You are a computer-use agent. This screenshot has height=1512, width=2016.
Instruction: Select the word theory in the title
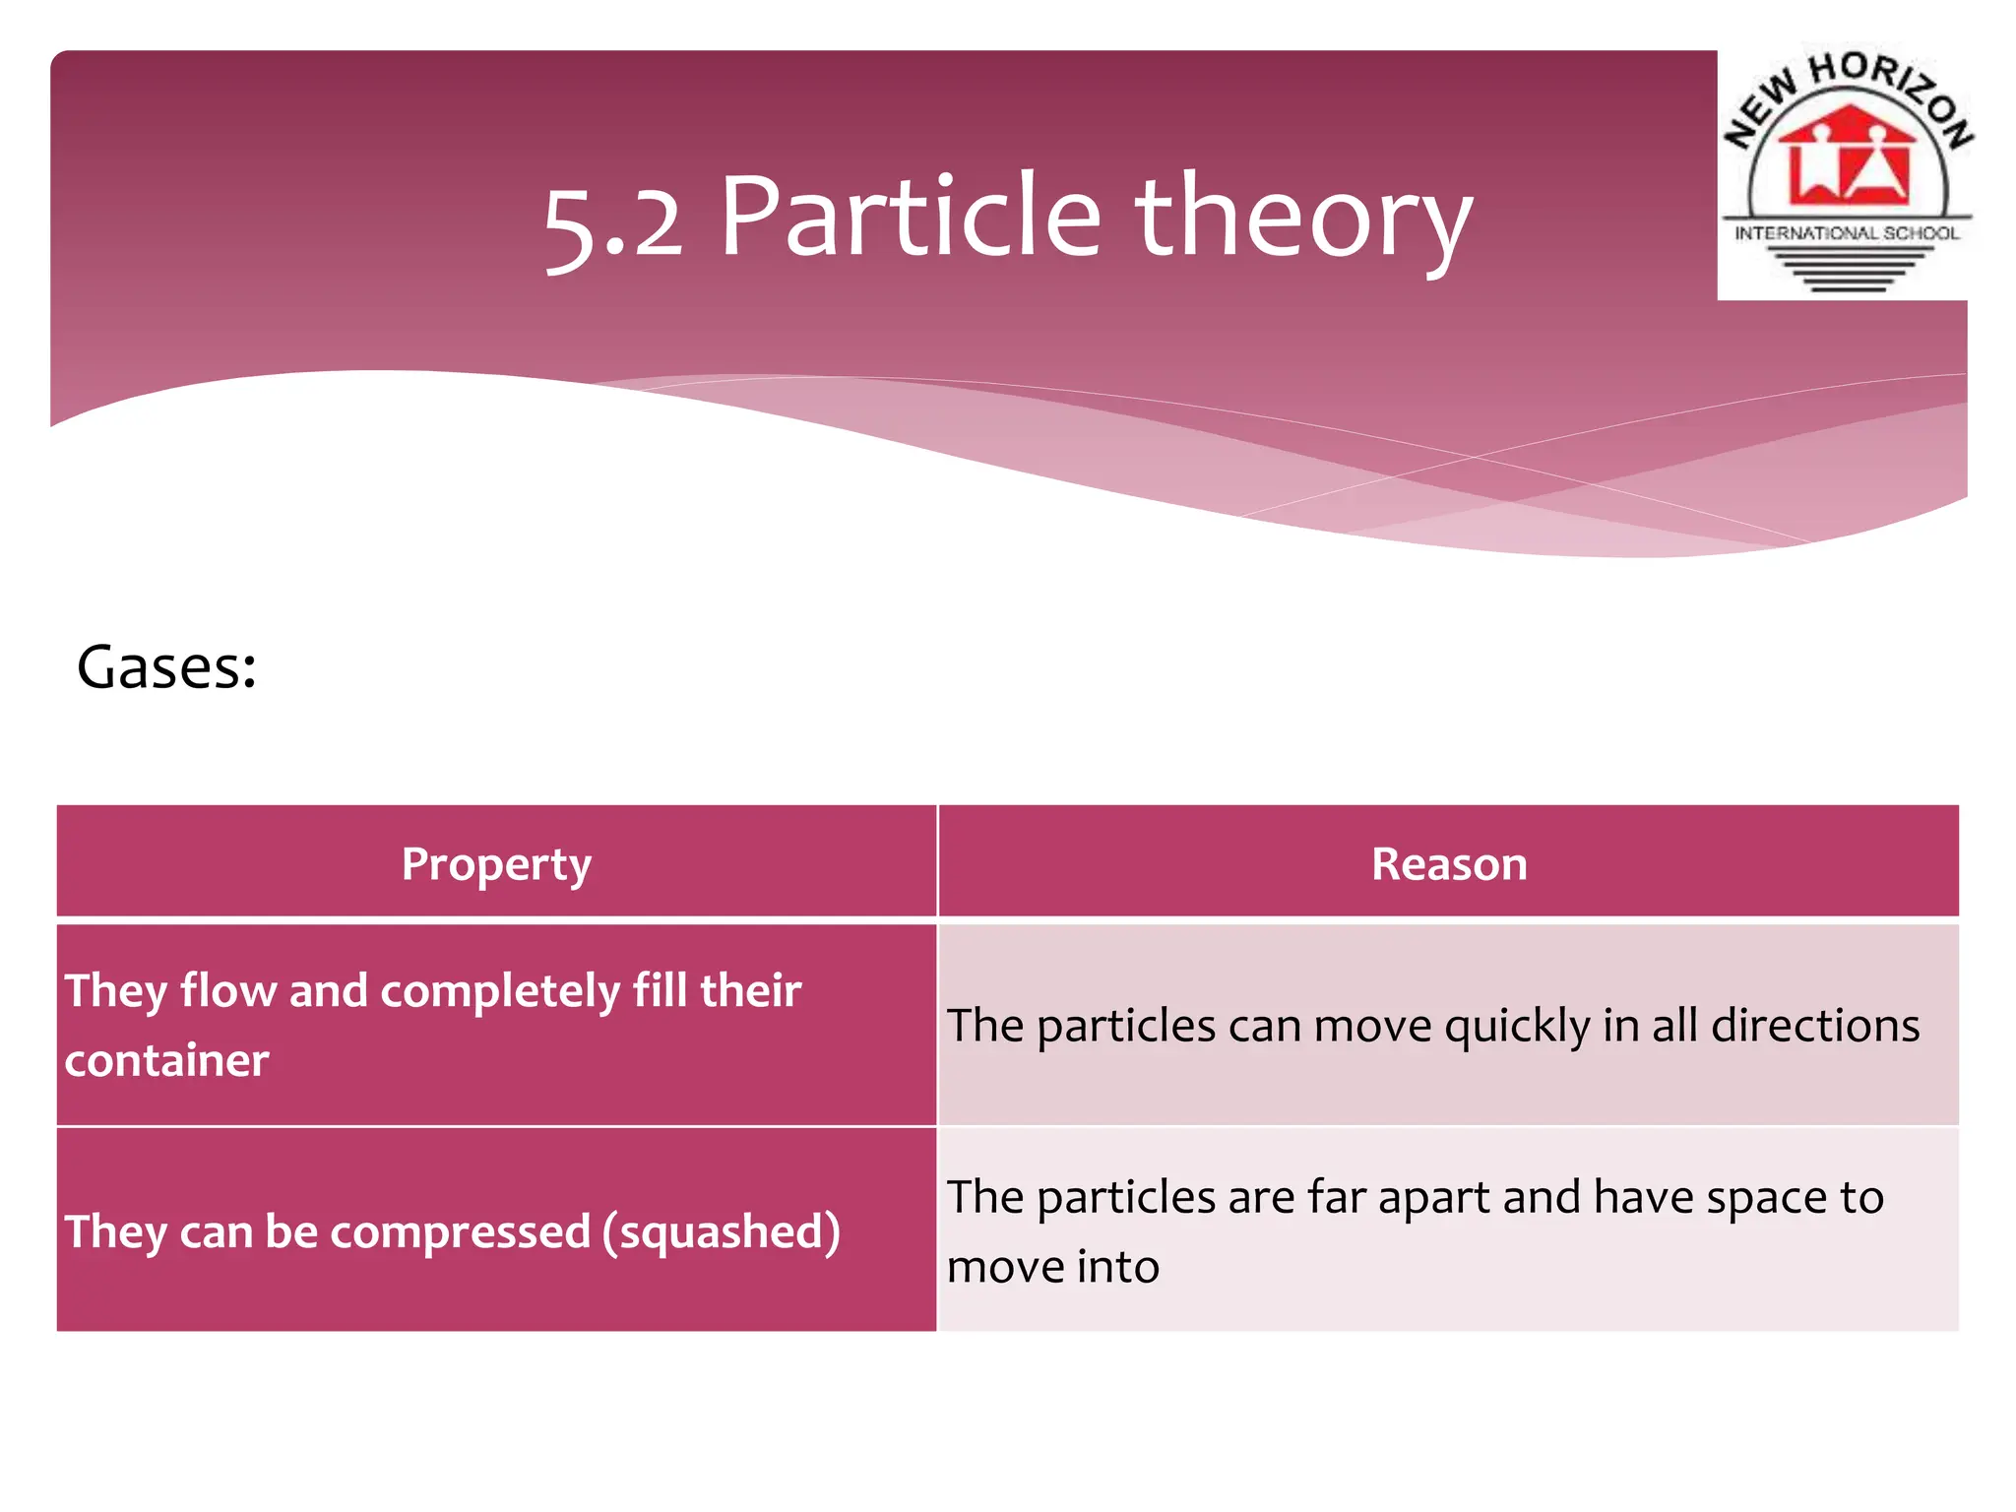tap(1303, 219)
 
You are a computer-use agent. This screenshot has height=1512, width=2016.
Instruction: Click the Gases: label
tap(166, 668)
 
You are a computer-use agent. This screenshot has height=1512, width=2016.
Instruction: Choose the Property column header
tap(496, 865)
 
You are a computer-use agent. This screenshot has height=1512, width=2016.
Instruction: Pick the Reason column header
tap(1449, 864)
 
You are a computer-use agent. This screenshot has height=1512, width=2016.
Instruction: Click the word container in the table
tap(166, 1060)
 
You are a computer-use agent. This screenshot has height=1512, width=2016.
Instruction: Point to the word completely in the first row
tap(499, 991)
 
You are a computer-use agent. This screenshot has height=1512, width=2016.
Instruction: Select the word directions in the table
tap(1815, 1025)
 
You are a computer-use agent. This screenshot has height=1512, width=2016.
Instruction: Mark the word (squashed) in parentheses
tap(722, 1231)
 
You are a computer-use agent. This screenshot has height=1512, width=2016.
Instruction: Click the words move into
tap(1052, 1267)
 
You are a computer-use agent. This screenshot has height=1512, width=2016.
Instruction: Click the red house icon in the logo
tap(1847, 157)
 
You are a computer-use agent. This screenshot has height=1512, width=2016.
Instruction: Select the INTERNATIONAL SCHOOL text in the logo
tap(1847, 233)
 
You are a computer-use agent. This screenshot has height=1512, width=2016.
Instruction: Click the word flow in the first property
tap(227, 990)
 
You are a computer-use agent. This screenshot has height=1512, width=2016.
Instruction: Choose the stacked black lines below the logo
tap(1848, 269)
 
